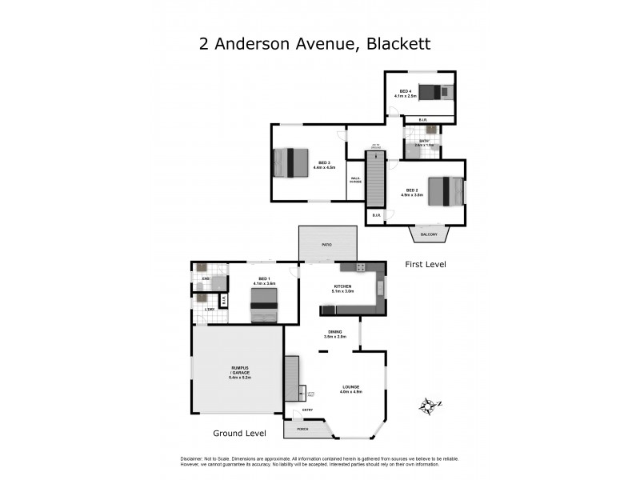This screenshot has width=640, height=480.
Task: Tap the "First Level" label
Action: tap(425, 264)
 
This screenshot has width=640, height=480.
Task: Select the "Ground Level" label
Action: tap(239, 433)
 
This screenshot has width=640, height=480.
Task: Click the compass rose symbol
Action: tap(430, 406)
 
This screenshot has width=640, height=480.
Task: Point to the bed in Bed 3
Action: tap(290, 162)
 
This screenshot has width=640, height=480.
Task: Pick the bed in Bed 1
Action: tap(264, 305)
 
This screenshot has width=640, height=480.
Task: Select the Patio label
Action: tap(327, 244)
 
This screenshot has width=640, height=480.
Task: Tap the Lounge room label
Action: tap(351, 390)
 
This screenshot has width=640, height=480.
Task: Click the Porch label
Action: tap(302, 430)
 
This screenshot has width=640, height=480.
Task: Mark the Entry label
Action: tap(307, 410)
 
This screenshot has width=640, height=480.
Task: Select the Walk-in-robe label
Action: tap(356, 181)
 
